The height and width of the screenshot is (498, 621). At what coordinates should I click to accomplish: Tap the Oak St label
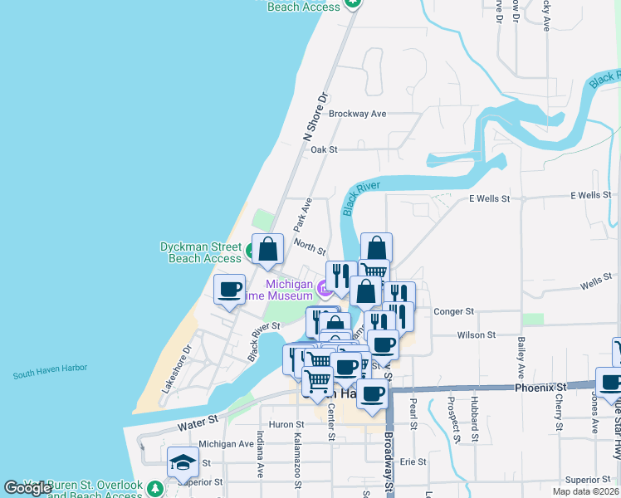pos(324,150)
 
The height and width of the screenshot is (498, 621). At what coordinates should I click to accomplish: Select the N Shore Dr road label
pos(316,117)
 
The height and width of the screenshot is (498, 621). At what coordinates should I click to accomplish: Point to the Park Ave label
pos(302,214)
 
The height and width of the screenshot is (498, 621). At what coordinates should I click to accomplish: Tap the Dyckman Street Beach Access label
pos(200,252)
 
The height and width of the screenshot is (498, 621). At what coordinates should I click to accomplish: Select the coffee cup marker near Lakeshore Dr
pos(229,290)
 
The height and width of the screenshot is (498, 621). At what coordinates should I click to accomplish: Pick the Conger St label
pos(453,311)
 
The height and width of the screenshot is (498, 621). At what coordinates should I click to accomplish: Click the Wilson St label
pos(476,335)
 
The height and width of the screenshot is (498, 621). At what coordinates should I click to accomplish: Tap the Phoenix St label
pos(540,388)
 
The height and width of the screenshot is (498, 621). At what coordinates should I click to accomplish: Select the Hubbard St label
pos(476,422)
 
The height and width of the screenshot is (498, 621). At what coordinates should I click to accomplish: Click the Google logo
pos(28,488)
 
